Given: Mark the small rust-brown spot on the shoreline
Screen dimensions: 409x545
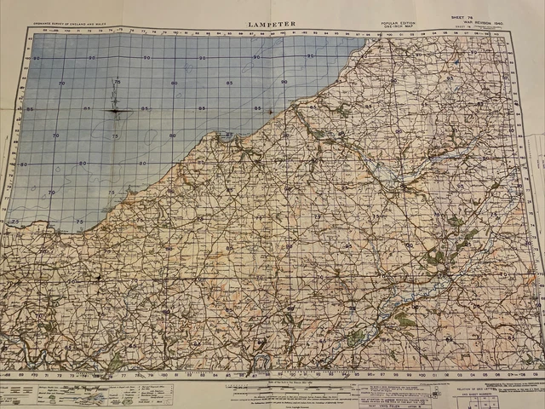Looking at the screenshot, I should point(270,111).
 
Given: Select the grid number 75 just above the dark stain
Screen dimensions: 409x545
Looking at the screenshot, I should point(118,83).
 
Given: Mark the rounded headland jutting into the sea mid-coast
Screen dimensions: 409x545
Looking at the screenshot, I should point(228,136).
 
